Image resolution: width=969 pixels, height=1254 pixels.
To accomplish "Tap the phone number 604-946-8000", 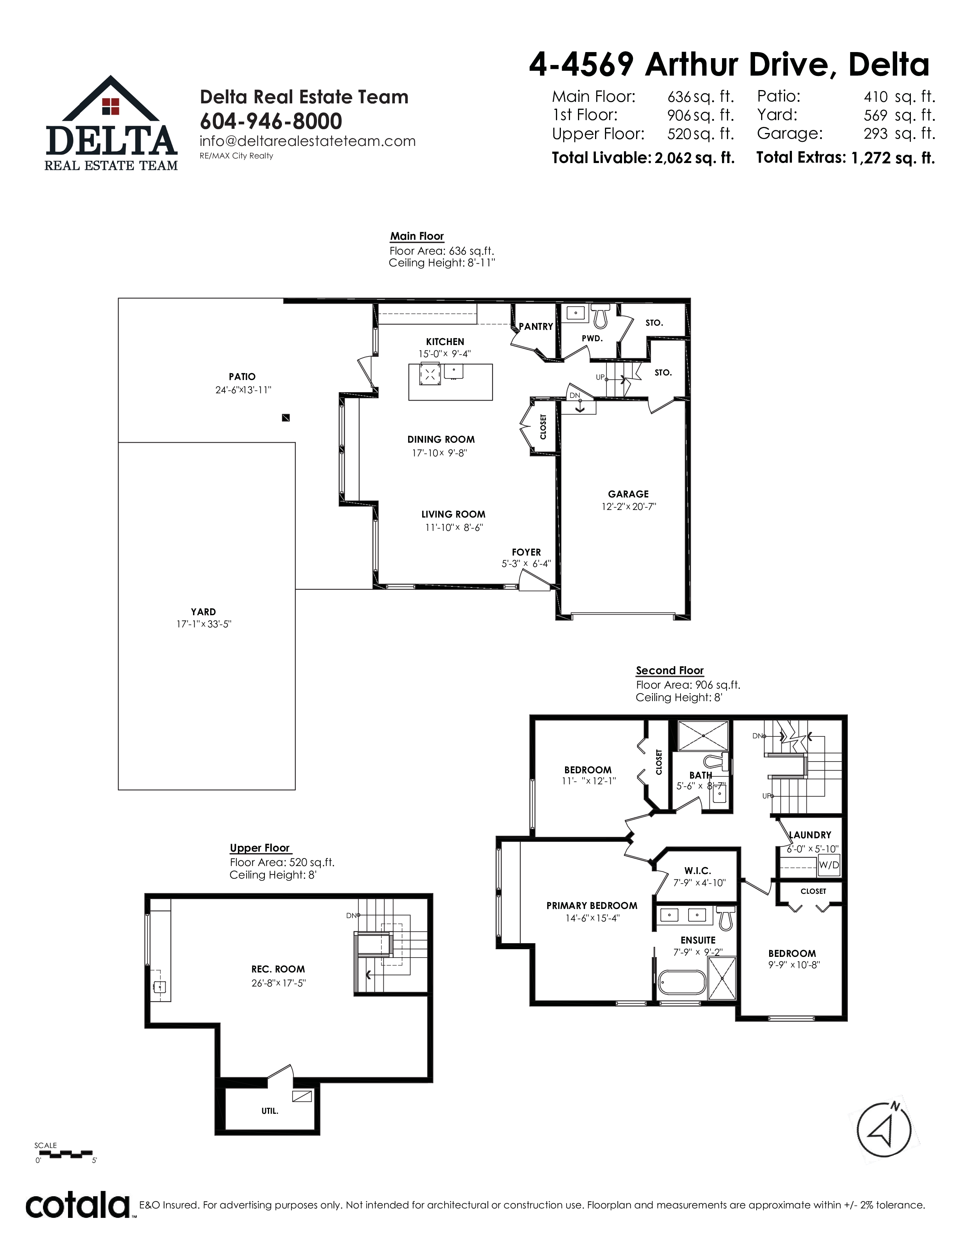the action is click(271, 121).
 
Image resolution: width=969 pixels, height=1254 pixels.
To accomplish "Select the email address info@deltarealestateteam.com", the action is click(308, 141).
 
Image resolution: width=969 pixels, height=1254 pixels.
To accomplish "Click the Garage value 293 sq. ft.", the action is click(899, 134).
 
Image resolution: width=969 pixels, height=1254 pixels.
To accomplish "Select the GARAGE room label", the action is click(628, 494).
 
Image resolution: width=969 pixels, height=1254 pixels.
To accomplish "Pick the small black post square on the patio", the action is click(286, 418).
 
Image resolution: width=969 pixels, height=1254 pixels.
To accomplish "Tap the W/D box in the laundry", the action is click(829, 865).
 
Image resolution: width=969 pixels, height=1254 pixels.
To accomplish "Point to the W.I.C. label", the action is click(697, 871).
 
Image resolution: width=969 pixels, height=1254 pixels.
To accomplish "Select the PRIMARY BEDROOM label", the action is click(592, 906).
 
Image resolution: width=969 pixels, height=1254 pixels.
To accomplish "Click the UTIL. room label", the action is click(270, 1111).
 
